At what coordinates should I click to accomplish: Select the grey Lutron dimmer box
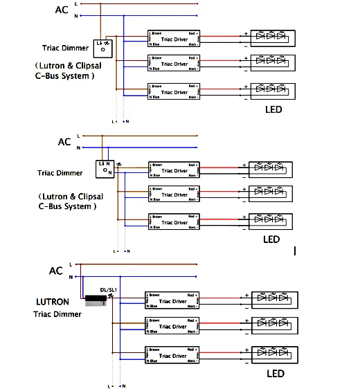pyautogui.click(x=96, y=301)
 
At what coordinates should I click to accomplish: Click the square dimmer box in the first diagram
pyautogui.click(x=103, y=46)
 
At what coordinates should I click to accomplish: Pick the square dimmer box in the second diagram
pyautogui.click(x=105, y=168)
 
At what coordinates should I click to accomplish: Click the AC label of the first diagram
pyautogui.click(x=62, y=10)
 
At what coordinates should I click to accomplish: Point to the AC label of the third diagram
pyautogui.click(x=56, y=271)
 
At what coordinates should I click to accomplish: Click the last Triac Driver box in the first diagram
pyautogui.click(x=173, y=92)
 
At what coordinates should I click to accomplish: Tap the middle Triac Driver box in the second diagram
pyautogui.click(x=173, y=194)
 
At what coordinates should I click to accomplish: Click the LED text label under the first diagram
pyautogui.click(x=273, y=109)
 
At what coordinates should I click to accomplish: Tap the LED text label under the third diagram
pyautogui.click(x=275, y=374)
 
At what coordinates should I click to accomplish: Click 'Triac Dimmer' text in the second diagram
pyautogui.click(x=60, y=173)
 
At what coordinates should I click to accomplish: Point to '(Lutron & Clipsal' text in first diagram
pyautogui.click(x=64, y=66)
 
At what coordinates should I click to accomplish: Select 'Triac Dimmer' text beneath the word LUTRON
pyautogui.click(x=57, y=314)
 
